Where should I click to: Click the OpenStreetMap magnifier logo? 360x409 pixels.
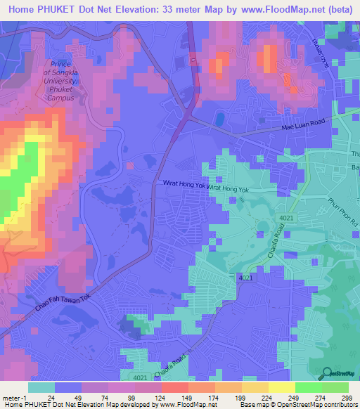point(328,373)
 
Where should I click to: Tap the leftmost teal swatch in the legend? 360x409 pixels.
point(41,387)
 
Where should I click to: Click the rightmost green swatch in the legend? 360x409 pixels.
point(335,387)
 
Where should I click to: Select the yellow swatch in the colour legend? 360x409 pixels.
point(282,387)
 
